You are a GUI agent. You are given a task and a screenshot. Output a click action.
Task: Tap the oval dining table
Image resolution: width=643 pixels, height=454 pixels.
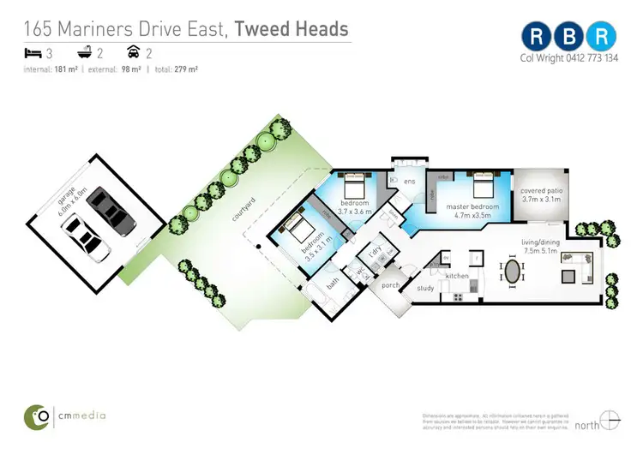pos(513,273)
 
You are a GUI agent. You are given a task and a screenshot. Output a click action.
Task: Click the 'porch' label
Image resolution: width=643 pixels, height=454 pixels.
pos(391,285)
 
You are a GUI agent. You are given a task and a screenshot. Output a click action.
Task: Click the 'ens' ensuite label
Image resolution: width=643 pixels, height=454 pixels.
pos(410,181)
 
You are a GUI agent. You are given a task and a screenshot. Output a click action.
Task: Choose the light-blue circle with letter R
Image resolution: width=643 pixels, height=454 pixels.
pos(604,35)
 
